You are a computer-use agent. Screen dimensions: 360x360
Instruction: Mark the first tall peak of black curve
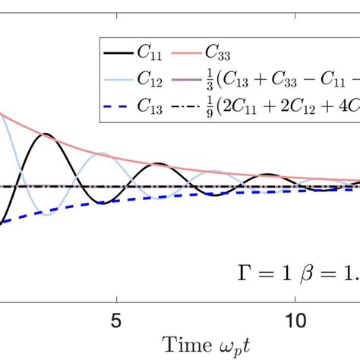pyautogui.click(x=47, y=134)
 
